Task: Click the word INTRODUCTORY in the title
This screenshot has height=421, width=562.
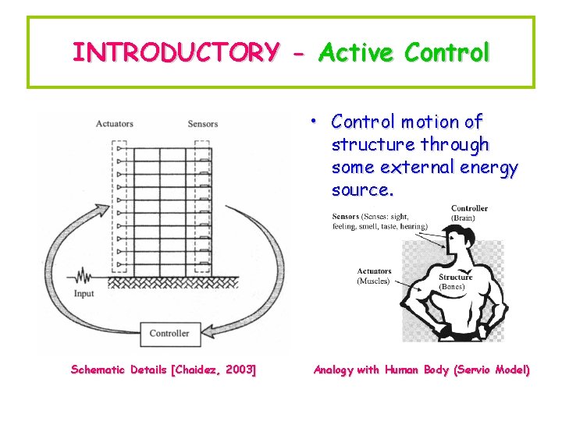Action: click(174, 52)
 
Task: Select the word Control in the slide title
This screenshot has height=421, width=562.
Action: click(447, 52)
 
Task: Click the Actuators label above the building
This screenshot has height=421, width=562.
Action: click(114, 123)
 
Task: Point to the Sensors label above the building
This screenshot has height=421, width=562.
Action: click(203, 123)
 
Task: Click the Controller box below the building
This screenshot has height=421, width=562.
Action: click(169, 333)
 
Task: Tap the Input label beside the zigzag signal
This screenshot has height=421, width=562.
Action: click(84, 294)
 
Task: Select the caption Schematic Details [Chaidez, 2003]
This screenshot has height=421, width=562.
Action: click(163, 370)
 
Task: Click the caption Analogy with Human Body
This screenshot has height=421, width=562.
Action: click(421, 370)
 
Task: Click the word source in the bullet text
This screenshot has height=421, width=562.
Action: click(362, 189)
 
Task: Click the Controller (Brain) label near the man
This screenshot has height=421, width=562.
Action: click(469, 213)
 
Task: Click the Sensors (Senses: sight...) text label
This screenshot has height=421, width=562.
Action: click(379, 221)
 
